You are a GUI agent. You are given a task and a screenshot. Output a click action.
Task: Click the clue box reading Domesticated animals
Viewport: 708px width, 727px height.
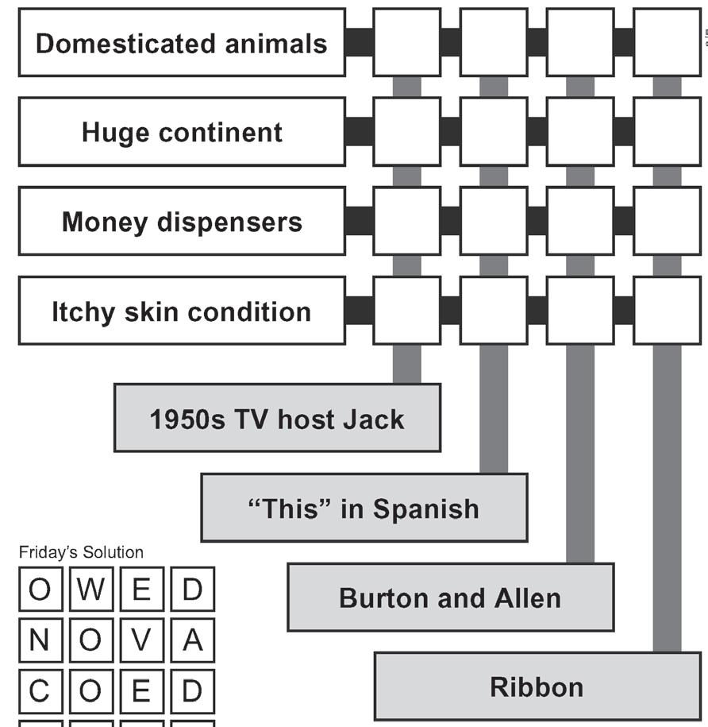tap(181, 43)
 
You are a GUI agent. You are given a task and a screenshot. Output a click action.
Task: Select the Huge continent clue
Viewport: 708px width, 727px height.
tap(181, 132)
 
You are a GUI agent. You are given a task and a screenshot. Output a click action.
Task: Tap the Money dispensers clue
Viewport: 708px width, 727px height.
tap(181, 222)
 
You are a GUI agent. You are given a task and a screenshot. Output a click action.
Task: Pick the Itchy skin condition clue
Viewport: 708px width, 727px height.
tap(181, 311)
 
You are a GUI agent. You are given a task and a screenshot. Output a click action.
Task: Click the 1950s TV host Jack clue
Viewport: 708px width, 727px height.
tap(277, 418)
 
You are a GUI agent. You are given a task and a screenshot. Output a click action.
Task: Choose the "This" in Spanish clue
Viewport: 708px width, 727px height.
tap(364, 508)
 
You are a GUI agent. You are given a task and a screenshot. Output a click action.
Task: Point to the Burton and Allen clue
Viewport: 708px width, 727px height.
tap(450, 597)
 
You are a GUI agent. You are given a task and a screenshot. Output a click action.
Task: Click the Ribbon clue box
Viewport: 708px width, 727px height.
tap(537, 686)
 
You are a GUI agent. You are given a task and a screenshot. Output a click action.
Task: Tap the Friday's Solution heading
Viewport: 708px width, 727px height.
tap(81, 552)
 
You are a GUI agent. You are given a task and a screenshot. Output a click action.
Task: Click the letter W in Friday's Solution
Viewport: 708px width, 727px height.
tap(89, 590)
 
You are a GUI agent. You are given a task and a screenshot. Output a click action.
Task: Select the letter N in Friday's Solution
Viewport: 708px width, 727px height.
tap(38, 640)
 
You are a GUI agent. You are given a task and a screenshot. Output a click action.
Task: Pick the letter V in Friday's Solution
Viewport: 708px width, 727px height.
tap(140, 640)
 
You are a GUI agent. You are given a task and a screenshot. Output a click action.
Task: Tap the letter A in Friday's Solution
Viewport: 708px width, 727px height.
tap(192, 640)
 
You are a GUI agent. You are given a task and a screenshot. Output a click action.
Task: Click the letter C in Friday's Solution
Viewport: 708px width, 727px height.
tap(38, 691)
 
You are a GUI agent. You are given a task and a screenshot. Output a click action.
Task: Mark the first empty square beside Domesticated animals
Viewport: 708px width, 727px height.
tap(406, 43)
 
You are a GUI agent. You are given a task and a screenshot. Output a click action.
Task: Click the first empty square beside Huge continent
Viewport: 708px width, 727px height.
tap(406, 132)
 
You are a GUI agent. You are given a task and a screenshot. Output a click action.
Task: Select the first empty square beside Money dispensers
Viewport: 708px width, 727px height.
tap(406, 222)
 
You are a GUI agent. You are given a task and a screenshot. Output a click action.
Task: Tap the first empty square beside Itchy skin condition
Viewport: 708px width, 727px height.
tap(406, 311)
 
